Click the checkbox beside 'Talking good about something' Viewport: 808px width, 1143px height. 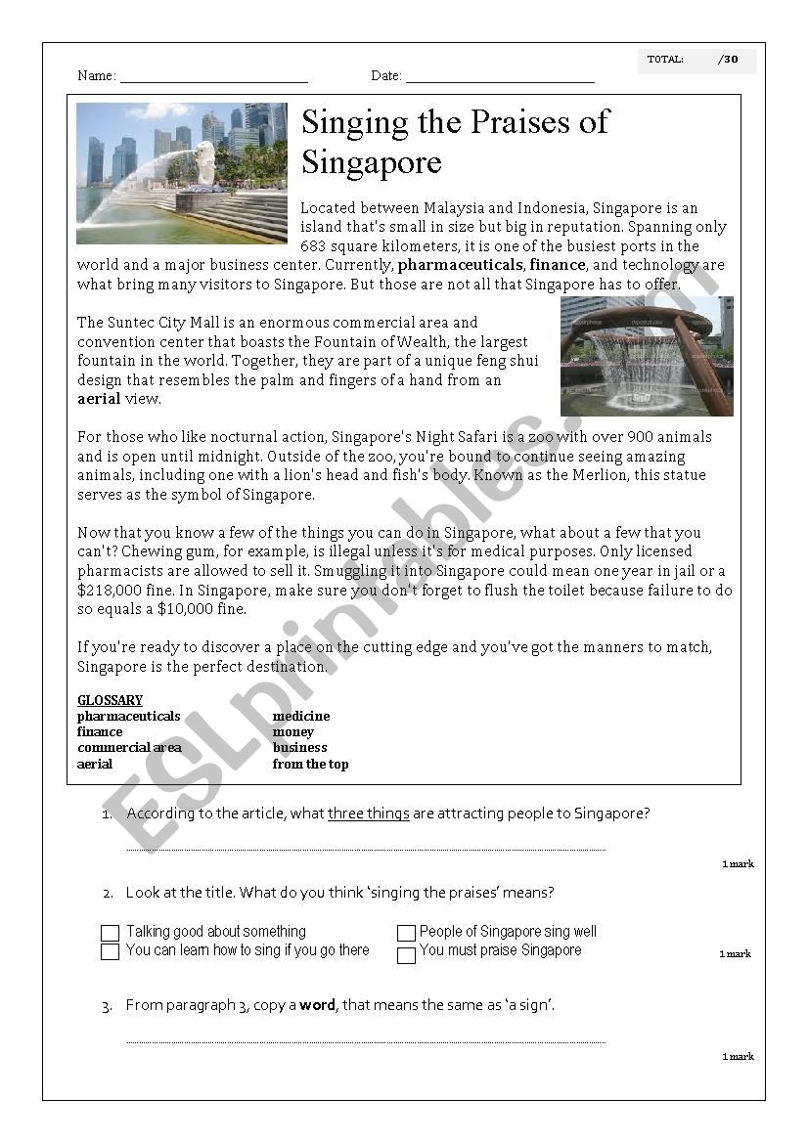110,933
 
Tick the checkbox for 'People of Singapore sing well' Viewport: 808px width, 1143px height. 406,934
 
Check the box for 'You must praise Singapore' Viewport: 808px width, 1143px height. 406,955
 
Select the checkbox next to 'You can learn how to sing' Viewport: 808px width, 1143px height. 110,951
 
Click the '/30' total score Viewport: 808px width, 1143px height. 728,60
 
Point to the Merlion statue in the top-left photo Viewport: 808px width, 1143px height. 204,162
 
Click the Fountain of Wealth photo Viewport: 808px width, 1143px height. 647,357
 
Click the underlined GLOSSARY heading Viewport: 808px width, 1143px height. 110,700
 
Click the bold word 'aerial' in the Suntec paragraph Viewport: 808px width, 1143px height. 99,399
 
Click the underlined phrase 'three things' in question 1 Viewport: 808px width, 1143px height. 368,813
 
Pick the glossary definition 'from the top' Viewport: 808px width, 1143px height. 310,764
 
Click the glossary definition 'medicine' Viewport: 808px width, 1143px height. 301,716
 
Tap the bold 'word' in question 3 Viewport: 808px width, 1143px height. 317,1005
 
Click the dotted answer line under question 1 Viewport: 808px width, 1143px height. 366,849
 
